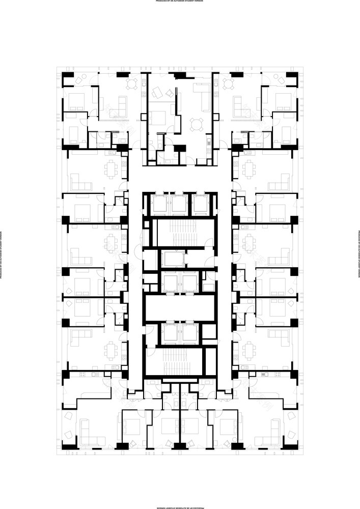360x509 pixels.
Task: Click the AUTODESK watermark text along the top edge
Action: click(180, 2)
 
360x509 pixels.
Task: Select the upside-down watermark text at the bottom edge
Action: click(180, 507)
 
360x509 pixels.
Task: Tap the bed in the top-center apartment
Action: click(159, 118)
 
